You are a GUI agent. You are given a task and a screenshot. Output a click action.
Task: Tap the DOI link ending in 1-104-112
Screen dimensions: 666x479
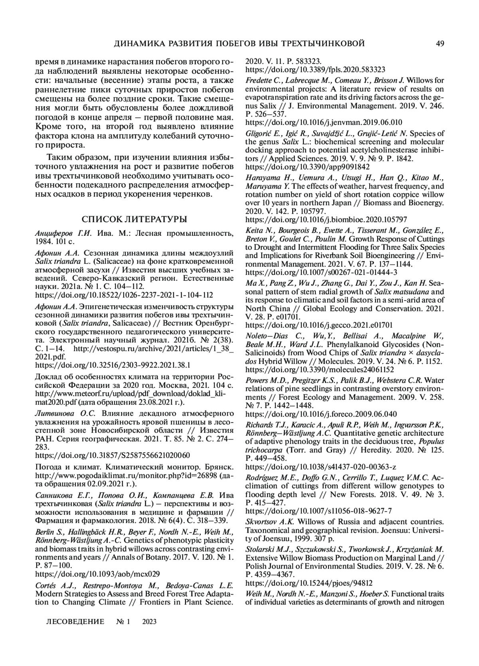[124, 295]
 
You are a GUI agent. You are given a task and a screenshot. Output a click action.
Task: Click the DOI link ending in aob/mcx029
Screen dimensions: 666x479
[97, 574]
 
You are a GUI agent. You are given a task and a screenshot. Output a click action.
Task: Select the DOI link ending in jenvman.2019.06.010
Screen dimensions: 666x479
[324, 123]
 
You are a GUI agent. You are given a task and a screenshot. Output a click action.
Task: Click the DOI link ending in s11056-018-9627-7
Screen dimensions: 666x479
[319, 511]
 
